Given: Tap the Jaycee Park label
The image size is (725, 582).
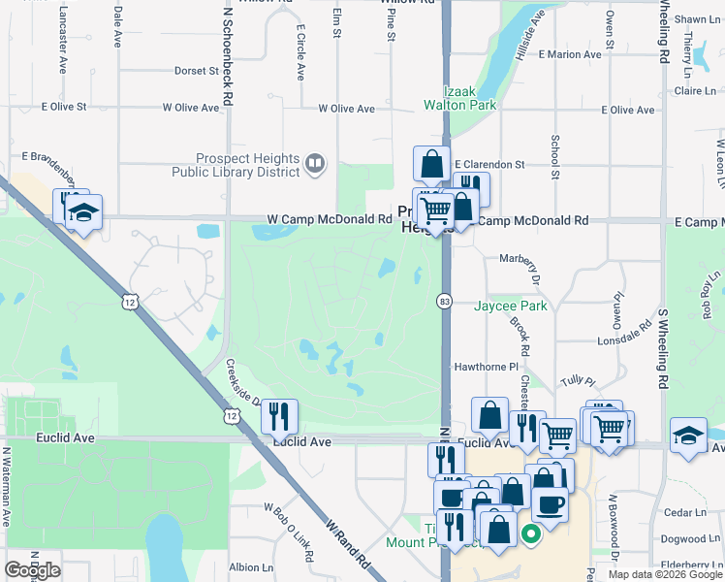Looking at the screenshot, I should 511,307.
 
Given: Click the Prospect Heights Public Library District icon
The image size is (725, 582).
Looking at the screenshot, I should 314,164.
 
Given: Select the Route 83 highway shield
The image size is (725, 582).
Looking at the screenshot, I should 445,303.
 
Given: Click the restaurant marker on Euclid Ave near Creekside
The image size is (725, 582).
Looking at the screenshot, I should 279,415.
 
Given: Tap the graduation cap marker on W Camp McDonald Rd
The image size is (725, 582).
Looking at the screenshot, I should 84,213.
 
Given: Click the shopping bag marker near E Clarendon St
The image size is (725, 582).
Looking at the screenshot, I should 431,164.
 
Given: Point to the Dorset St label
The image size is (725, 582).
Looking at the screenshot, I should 197,71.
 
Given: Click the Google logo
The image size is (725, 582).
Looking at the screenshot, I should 32,570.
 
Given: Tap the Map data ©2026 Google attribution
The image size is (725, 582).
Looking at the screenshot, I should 664,574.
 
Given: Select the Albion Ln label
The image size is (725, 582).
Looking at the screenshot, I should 244,567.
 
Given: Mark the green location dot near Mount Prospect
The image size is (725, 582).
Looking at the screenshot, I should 531,533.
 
